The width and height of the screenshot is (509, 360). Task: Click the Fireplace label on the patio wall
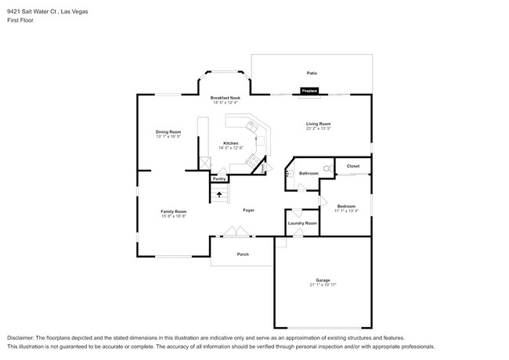(x=310, y=92)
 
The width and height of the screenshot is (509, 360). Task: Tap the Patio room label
(x=312, y=73)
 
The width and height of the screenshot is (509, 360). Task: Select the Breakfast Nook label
(x=225, y=98)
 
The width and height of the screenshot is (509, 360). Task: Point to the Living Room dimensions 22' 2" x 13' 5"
(x=318, y=128)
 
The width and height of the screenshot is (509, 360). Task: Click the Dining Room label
(x=168, y=131)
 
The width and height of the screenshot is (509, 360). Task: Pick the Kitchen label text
(x=230, y=143)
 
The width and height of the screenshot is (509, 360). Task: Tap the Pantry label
(x=219, y=178)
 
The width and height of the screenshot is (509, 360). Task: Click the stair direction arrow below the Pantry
(x=219, y=194)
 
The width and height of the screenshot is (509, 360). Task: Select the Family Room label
(x=173, y=211)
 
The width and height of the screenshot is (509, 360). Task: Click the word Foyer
(x=248, y=211)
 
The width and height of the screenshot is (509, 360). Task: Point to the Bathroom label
(x=309, y=173)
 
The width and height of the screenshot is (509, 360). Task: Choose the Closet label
(x=352, y=166)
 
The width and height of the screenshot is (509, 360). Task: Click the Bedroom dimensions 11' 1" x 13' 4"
(x=346, y=211)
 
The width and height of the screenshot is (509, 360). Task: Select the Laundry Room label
(x=302, y=223)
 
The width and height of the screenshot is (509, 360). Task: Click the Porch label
(x=243, y=254)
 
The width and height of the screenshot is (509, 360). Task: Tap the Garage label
(x=323, y=279)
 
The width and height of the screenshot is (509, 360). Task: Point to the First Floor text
(x=21, y=20)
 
